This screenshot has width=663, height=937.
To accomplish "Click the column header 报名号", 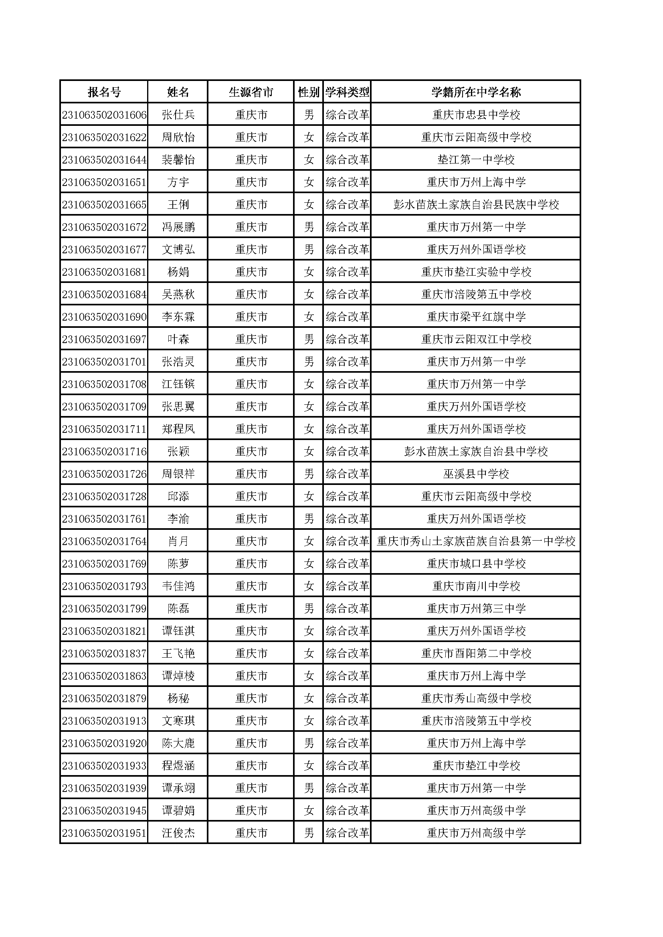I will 104,92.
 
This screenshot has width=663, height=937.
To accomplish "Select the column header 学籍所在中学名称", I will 476,92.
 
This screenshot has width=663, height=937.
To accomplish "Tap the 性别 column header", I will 308,92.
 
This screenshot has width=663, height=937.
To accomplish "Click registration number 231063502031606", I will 104,115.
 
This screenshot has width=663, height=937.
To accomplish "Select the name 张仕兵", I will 178,115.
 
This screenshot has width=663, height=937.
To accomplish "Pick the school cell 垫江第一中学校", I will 476,160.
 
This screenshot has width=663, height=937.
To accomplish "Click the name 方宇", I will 178,182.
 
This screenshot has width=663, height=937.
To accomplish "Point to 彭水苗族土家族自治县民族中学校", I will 476,204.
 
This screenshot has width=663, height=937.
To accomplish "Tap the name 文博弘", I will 178,249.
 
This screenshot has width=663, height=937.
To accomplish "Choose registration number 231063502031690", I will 104,317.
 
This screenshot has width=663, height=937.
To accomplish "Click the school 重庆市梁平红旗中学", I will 476,317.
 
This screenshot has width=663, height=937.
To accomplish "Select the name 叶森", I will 178,339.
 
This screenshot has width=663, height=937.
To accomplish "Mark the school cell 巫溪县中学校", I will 476,474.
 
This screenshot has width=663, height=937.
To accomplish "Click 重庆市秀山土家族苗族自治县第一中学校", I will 476,541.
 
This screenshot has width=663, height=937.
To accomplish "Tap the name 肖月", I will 178,541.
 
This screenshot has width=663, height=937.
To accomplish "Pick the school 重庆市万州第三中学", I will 476,608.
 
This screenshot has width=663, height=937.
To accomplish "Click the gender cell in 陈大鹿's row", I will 309,743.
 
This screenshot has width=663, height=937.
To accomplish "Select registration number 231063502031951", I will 104,833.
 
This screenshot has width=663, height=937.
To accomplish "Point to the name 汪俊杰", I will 178,833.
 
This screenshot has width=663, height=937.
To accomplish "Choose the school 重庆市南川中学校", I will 476,586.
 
